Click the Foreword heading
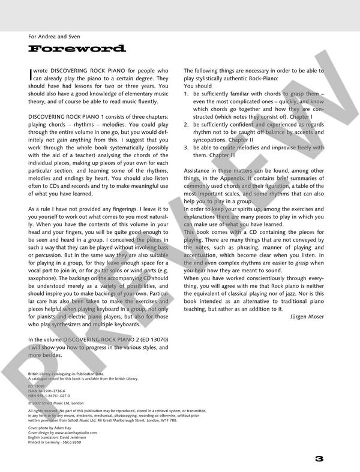point(77,49)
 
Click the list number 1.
point(187,94)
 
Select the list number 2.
point(187,124)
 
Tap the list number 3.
point(187,147)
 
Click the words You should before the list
point(198,86)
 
